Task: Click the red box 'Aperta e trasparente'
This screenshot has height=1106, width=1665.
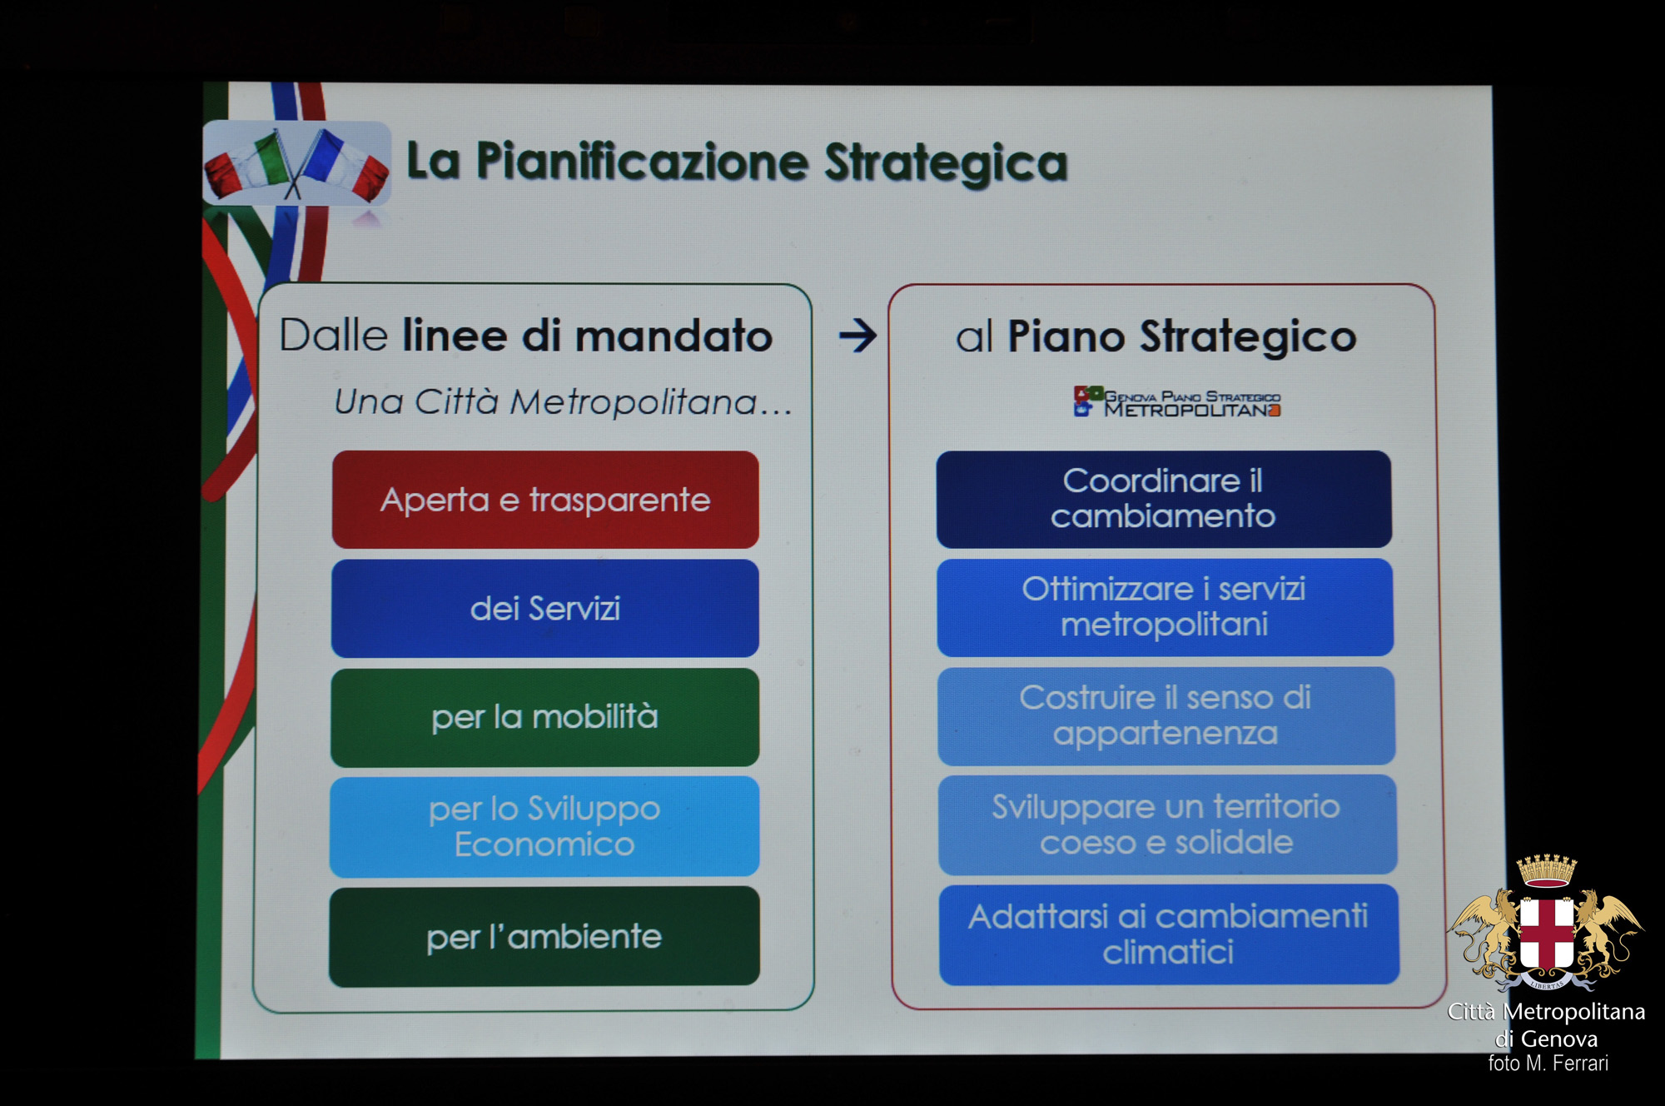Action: [545, 500]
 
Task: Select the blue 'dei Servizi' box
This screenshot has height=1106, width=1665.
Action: [545, 608]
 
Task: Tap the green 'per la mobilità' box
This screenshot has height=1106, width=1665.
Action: [544, 717]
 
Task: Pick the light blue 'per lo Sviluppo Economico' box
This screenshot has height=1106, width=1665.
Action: [544, 826]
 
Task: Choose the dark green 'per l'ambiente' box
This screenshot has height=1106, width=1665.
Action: [544, 936]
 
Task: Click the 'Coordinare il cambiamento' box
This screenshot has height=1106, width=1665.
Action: [1164, 499]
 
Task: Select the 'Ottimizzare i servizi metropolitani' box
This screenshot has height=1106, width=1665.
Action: [1165, 607]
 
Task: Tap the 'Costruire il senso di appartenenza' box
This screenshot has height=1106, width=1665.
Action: [1166, 715]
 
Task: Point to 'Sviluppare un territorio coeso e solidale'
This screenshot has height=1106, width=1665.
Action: [1167, 825]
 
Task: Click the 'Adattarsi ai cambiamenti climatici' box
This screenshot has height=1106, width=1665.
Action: [1169, 934]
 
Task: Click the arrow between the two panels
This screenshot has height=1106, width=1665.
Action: [857, 336]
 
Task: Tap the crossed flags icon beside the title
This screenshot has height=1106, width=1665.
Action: [296, 163]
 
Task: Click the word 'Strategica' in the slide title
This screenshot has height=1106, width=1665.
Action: [946, 162]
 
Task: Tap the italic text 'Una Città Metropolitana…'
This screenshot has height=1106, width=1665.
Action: [563, 401]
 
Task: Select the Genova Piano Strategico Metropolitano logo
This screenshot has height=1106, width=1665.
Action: [1177, 401]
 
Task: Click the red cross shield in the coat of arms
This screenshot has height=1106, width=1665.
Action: [1547, 933]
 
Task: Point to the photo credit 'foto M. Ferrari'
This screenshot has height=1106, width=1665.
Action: [1548, 1064]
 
